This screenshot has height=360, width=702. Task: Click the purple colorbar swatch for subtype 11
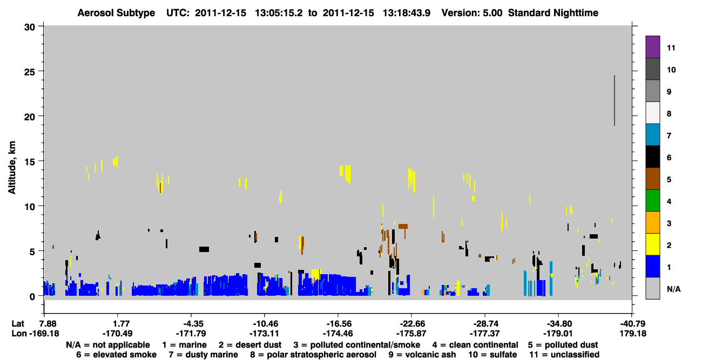(x=652, y=46)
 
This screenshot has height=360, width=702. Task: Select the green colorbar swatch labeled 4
(x=652, y=201)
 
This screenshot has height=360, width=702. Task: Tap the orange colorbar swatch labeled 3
(x=652, y=222)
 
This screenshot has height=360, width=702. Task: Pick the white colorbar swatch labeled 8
(x=652, y=113)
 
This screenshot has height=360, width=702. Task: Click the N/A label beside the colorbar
(x=673, y=289)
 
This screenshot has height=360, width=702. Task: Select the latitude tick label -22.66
(x=412, y=324)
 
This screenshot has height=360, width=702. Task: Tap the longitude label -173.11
(x=264, y=334)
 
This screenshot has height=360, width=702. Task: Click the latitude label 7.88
(x=48, y=324)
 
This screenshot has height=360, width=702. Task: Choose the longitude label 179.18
(x=632, y=334)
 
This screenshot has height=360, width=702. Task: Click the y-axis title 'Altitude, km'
(x=11, y=168)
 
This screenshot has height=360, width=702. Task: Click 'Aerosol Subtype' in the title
(x=116, y=13)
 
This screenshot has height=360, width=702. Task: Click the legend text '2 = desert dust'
(x=250, y=345)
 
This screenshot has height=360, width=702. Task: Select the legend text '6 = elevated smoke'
(x=116, y=355)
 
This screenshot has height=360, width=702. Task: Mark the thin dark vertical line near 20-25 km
(x=615, y=100)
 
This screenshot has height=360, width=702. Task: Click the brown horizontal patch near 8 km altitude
(x=403, y=226)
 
